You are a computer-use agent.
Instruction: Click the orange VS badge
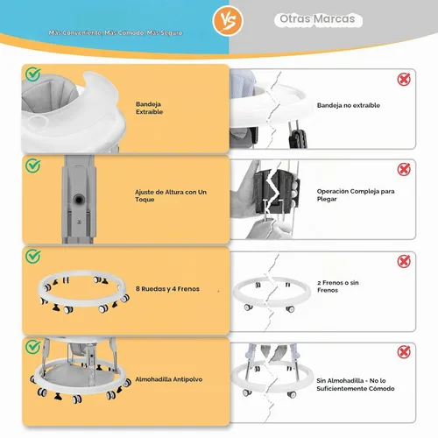tap(228, 21)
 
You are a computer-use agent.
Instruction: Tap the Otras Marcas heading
tap(317, 19)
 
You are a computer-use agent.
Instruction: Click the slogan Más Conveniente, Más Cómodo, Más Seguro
tap(116, 32)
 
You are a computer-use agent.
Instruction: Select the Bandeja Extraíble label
tap(149, 108)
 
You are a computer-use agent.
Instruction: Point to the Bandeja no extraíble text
tap(349, 105)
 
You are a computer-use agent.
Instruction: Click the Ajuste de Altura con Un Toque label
tap(171, 195)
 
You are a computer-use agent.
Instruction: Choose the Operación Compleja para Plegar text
tap(356, 194)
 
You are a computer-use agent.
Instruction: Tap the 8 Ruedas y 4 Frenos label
tap(167, 289)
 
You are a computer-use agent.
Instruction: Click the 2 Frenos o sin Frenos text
tap(338, 286)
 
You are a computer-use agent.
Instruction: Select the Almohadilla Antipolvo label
tap(169, 379)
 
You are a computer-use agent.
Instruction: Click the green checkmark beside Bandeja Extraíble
tap(32, 74)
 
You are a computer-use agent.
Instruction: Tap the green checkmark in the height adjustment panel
tap(32, 166)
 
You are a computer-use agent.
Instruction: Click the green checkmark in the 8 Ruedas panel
tap(32, 256)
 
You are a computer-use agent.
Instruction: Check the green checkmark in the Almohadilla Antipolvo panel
tap(32, 347)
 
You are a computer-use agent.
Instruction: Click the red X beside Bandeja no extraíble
tap(404, 79)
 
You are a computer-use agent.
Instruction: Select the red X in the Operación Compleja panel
tap(404, 169)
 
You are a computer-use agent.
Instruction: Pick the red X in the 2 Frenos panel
tap(404, 261)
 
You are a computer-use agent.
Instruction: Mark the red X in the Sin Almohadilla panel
tap(404, 352)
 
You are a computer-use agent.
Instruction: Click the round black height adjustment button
tap(79, 200)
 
